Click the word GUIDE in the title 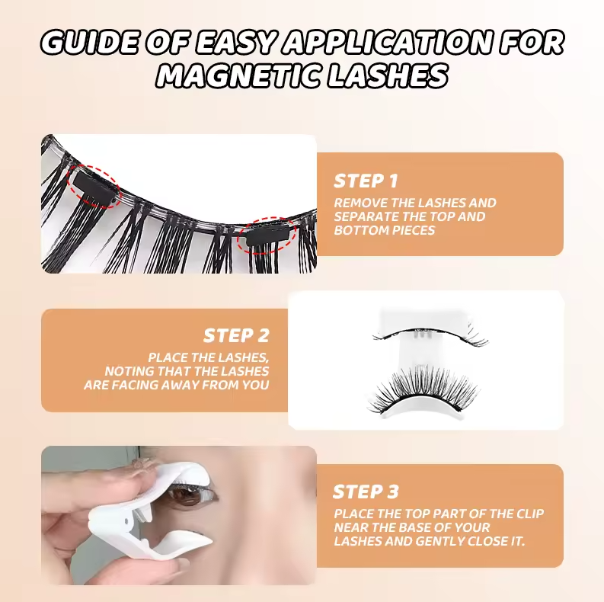(88, 42)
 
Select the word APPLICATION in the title (388, 42)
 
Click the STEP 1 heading (366, 181)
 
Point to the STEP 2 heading (236, 335)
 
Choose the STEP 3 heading (366, 492)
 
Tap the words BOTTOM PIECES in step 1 (384, 230)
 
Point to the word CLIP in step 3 (529, 514)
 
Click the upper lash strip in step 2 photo (430, 334)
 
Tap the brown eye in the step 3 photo (186, 495)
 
